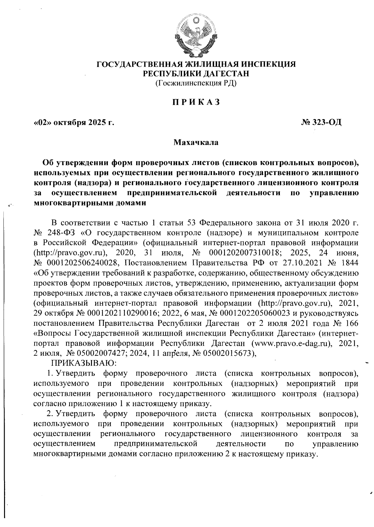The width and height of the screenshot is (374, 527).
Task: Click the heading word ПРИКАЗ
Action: point(196,102)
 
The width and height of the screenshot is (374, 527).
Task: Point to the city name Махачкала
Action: point(196,143)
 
